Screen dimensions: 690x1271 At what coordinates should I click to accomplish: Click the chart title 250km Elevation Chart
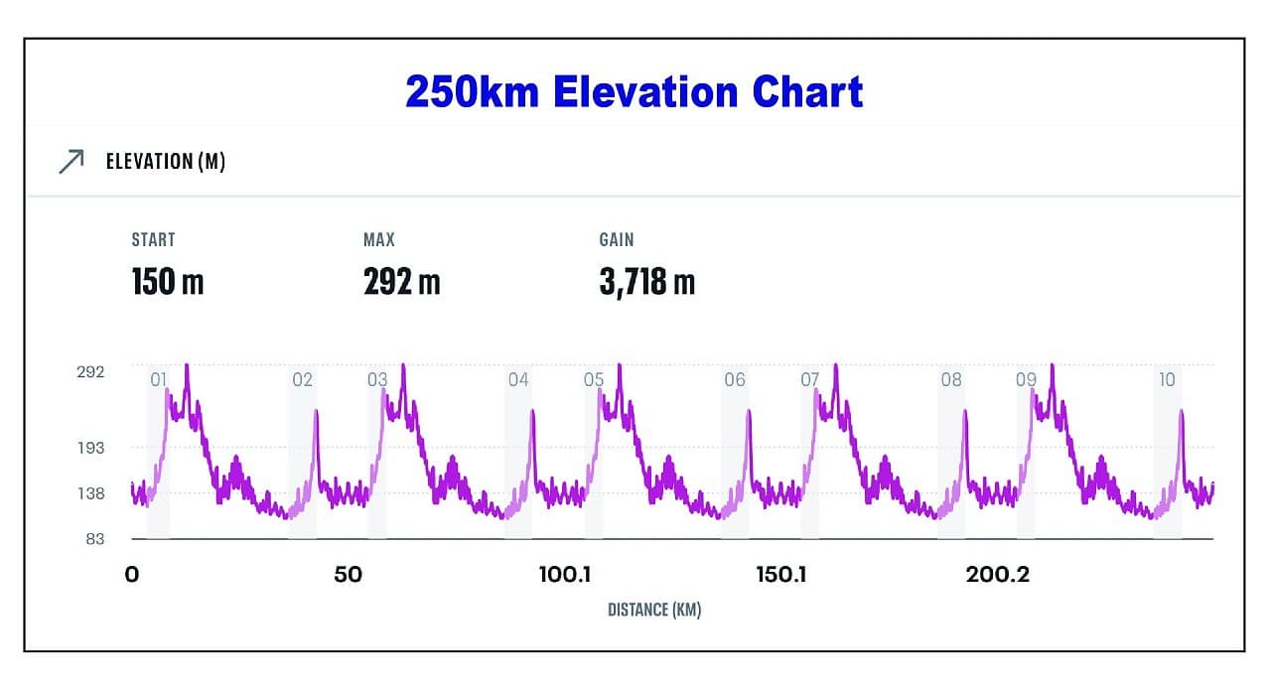634,92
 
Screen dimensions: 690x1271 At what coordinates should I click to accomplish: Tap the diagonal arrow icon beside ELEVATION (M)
71,162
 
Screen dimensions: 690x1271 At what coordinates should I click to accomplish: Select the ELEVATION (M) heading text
166,162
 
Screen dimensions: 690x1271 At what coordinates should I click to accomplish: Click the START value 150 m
167,282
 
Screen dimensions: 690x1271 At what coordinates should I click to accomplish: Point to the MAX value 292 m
401,282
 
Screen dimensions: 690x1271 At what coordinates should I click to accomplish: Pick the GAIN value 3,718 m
646,282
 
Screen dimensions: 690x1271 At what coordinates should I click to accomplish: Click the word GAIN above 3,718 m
616,239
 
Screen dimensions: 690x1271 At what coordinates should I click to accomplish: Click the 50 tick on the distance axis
348,575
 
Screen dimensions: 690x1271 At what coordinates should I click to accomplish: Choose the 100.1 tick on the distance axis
564,575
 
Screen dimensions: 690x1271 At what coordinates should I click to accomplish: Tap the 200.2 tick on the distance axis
998,575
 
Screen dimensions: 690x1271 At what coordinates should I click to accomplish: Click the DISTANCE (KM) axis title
654,610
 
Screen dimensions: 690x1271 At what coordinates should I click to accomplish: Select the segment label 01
158,379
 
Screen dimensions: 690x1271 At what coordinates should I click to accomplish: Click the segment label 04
518,379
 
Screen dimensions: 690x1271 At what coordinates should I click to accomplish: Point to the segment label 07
810,379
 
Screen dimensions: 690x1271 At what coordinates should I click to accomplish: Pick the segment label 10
1167,379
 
